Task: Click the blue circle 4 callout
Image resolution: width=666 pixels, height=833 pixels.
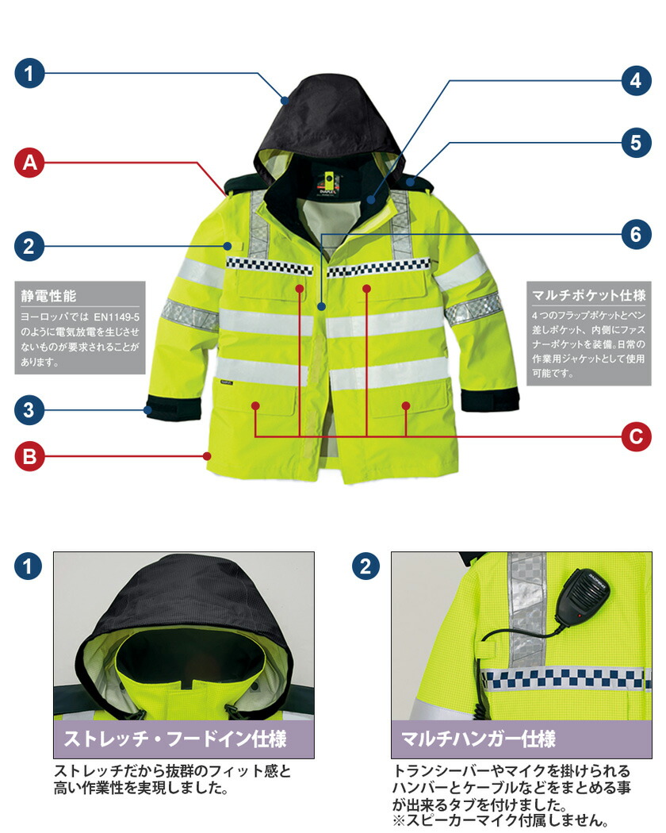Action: pos(636,81)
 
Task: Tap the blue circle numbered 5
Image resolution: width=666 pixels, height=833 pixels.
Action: pos(636,142)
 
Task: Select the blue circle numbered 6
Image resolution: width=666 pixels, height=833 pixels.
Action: pos(636,234)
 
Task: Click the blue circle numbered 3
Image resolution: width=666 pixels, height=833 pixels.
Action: pos(29,410)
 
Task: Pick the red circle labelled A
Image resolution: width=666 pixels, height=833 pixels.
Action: pos(29,162)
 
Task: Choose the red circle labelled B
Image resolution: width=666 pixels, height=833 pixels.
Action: pos(29,456)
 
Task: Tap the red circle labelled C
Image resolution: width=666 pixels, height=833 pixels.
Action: pos(636,436)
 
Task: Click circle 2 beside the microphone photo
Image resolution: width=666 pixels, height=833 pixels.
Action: pos(366,566)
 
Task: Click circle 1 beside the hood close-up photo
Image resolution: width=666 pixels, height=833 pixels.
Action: pos(29,566)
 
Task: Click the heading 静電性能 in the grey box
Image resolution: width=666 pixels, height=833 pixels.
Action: pos(48,296)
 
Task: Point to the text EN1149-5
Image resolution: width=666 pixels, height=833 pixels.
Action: pos(117,317)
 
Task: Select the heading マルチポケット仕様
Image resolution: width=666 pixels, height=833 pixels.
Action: pos(588,295)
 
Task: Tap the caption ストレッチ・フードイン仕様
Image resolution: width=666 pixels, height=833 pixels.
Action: pos(175,739)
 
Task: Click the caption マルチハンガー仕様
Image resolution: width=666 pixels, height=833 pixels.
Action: pos(479,739)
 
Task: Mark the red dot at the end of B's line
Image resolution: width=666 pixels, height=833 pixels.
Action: pos(207,456)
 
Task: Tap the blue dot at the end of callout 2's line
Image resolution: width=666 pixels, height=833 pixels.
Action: pos(228,246)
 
